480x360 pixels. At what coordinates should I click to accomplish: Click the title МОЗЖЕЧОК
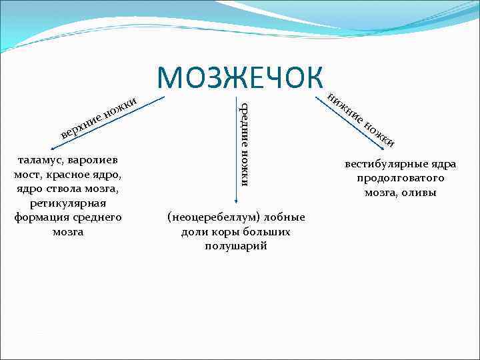pos(239,77)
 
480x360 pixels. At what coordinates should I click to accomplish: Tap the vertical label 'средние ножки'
pos(245,144)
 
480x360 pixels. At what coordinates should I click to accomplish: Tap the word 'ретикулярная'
pos(67,203)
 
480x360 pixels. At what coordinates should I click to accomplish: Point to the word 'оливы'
pos(420,193)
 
